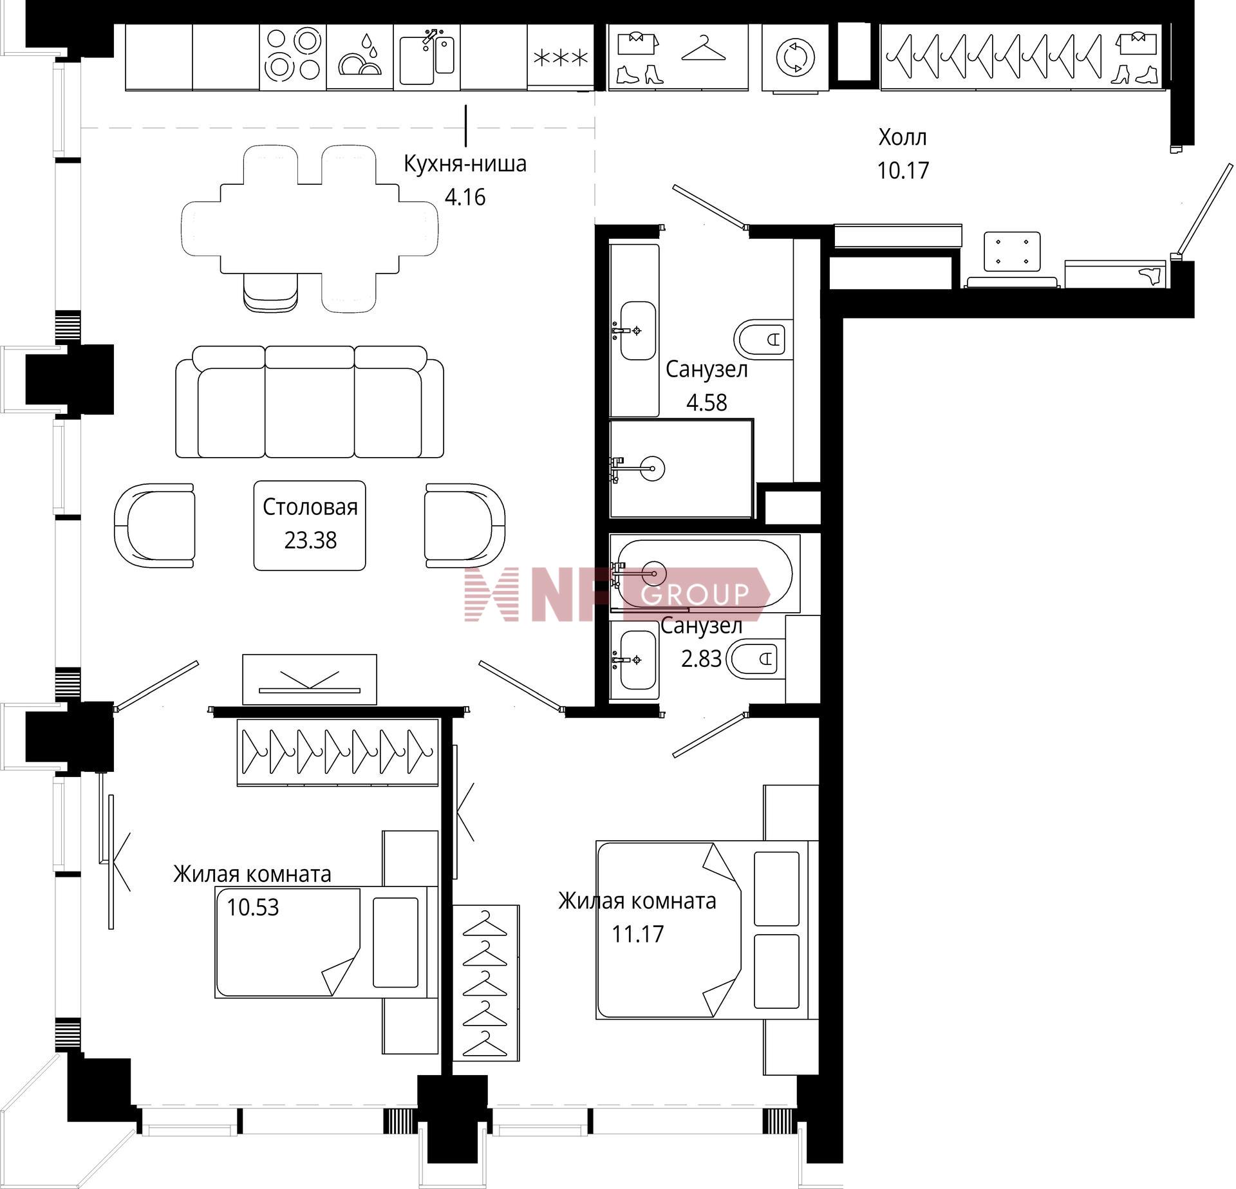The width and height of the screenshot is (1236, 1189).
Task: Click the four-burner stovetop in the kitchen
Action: [293, 57]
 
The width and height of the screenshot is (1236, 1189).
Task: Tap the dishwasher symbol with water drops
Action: [360, 57]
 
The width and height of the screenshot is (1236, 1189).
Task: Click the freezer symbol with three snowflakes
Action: [561, 59]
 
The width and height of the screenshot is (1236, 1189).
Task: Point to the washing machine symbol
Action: [795, 57]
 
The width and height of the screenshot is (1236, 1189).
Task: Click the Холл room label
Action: [903, 137]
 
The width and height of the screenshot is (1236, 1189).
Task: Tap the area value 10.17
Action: [903, 171]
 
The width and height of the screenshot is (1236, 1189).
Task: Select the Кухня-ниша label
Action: [465, 164]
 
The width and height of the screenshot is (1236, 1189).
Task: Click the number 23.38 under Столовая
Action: [310, 540]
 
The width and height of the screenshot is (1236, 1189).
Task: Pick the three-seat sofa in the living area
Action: [310, 402]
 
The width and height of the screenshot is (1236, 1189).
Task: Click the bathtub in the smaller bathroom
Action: [705, 573]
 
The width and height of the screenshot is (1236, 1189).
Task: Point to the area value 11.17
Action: [637, 933]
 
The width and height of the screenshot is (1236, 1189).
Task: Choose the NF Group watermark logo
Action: [617, 594]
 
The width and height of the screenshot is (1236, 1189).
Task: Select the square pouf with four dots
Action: [1012, 251]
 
